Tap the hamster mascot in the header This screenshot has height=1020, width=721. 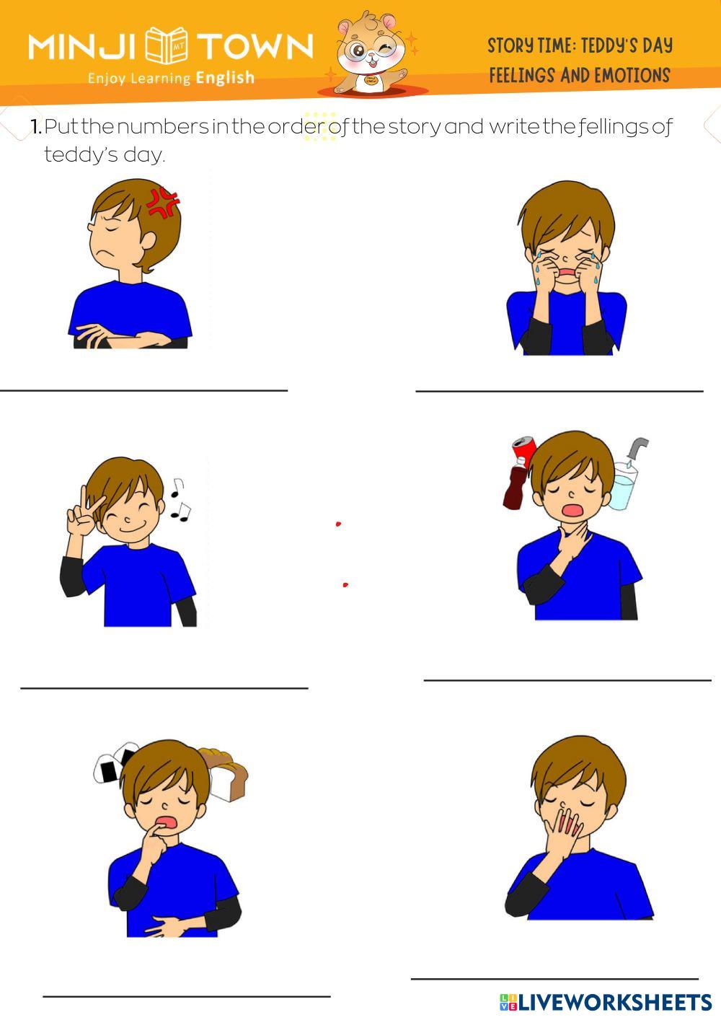[372, 53]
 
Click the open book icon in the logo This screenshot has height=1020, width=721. [166, 45]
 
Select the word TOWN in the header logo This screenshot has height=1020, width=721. [255, 46]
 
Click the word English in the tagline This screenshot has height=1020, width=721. [225, 78]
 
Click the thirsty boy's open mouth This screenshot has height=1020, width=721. [572, 509]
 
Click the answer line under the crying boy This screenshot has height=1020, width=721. [559, 391]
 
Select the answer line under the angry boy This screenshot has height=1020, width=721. [143, 390]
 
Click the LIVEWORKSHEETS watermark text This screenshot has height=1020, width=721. [606, 1002]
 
